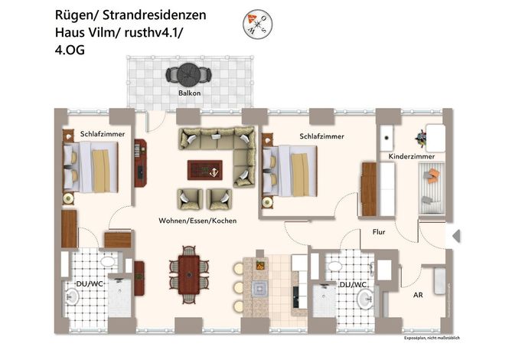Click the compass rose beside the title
tap(257, 25)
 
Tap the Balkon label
tap(190, 93)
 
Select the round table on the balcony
tap(189, 74)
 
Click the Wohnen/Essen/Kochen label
tap(197, 221)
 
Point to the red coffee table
tap(205, 170)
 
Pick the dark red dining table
tap(189, 275)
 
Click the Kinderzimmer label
tap(412, 156)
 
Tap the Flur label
tap(379, 232)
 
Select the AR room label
tap(418, 295)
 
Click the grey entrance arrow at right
tap(456, 236)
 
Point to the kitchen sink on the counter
tap(260, 288)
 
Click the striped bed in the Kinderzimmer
tap(432, 188)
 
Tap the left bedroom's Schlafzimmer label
tap(103, 134)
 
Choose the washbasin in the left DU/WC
tap(71, 296)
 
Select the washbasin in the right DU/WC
tap(366, 298)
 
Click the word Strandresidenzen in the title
tap(155, 15)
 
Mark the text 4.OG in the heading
tap(70, 50)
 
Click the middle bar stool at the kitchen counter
tap(239, 287)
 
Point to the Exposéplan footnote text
tap(432, 338)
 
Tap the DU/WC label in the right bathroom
tap(353, 285)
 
